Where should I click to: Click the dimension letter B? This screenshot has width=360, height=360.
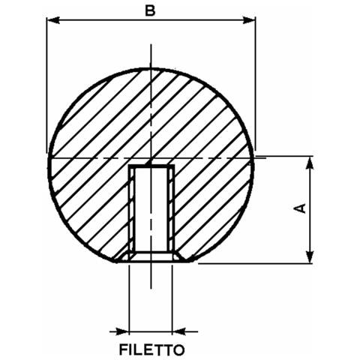(150, 10)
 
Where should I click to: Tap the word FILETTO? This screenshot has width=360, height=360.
(152, 350)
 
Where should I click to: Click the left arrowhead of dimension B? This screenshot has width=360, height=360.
(53, 20)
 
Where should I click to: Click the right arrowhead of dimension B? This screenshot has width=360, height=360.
(249, 20)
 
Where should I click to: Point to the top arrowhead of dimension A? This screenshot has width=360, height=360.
(310, 163)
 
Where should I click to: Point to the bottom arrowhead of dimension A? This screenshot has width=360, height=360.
(310, 256)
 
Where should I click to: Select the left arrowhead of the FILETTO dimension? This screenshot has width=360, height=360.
(122, 331)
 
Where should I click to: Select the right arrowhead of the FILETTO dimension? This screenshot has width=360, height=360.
(179, 331)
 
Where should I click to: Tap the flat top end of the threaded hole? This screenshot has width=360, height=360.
(151, 166)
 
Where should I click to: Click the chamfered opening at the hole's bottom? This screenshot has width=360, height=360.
(151, 257)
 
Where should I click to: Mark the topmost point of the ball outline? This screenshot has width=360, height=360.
(151, 68)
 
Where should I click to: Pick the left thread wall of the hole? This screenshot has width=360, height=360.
(132, 210)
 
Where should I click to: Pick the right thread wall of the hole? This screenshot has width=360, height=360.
(171, 210)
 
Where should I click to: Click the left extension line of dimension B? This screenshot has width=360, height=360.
(46, 85)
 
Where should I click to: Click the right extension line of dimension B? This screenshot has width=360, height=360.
(255, 84)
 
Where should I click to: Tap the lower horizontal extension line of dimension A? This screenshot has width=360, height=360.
(255, 263)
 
